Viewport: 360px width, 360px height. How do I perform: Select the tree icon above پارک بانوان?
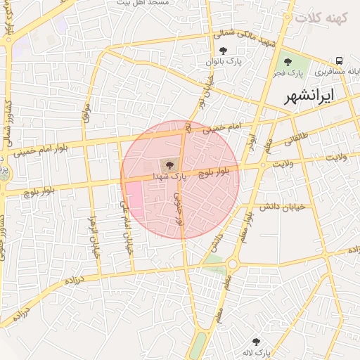[x=224, y=51]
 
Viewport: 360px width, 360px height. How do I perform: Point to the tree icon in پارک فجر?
[x=288, y=62]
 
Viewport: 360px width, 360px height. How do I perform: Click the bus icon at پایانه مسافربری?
[x=339, y=61]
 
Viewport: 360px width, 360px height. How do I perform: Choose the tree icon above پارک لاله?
[x=265, y=340]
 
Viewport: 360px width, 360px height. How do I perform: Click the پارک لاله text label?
[x=258, y=351]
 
